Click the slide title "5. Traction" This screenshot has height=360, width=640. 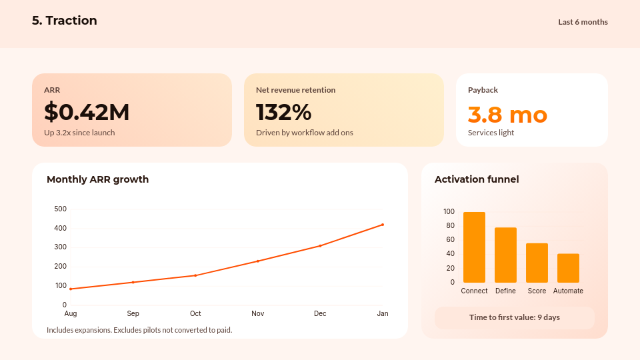coord(65,21)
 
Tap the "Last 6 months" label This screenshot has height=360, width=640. coord(583,22)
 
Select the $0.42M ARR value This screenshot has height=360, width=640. coord(87,112)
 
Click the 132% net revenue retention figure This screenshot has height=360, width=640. coord(283,112)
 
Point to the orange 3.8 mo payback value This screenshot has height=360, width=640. coord(507,115)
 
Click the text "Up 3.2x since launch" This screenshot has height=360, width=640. coord(79,133)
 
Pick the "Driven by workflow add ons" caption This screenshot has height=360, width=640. coord(304,133)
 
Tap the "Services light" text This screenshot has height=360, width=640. coord(491,133)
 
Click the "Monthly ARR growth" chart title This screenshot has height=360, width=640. coord(97,179)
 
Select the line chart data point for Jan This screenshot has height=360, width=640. coord(383,225)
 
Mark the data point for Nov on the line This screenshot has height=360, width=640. coord(258,261)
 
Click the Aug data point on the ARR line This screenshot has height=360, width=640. coord(71,289)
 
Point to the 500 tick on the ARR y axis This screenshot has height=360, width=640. coord(60,209)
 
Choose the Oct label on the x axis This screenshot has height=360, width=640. coord(195,313)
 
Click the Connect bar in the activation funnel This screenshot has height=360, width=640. coord(474,247)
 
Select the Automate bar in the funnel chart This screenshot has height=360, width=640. coord(568,268)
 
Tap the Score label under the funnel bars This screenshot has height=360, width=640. coord(537,291)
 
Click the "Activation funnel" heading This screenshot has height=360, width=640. coord(477,179)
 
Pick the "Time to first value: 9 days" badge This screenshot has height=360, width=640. coord(514,317)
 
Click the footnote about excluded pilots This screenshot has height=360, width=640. coord(139,330)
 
